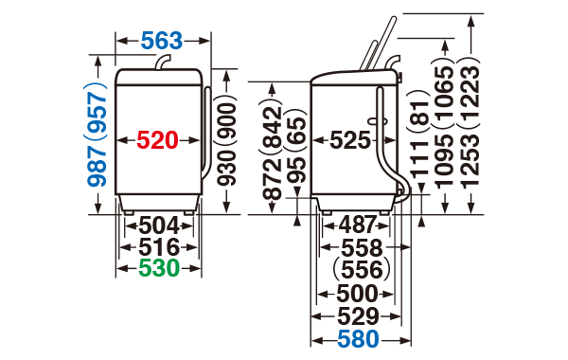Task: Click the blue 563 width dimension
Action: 162,41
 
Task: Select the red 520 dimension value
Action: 157,140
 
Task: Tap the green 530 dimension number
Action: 159,268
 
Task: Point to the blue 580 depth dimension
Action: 358,340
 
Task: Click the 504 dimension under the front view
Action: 159,225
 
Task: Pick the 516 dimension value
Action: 159,247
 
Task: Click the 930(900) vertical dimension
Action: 227,140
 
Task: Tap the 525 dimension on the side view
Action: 350,140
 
